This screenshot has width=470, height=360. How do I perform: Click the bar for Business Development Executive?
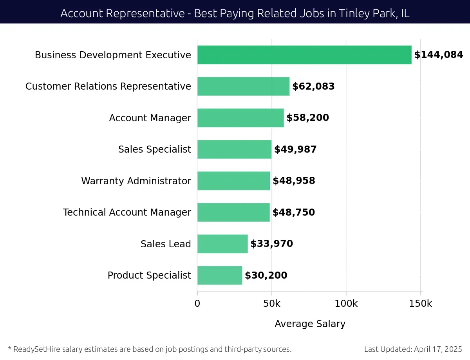tap(304, 55)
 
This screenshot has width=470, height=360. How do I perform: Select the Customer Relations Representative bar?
tap(243, 86)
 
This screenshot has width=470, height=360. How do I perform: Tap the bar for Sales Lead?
tap(222, 244)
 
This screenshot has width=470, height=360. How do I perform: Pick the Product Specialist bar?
tap(220, 275)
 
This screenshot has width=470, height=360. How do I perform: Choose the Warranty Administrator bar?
tap(233, 181)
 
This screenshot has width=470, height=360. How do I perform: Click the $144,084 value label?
tap(439, 55)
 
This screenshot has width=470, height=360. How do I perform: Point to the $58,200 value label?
tap(307, 118)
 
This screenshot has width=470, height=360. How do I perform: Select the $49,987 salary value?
tap(295, 149)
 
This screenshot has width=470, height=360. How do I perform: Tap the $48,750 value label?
tap(294, 212)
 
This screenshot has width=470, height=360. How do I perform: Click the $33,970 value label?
tap(271, 244)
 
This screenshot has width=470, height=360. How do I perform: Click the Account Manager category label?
tap(150, 118)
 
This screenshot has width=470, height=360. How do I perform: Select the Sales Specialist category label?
tap(155, 149)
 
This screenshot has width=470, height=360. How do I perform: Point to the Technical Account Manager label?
tap(127, 212)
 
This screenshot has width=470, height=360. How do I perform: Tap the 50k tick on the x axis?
tap(272, 304)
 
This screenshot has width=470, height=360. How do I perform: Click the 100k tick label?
tap(346, 304)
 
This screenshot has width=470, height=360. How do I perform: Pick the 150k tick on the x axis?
tap(421, 304)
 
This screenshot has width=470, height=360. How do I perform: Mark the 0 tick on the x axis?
tap(197, 304)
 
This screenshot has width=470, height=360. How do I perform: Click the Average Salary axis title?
tap(310, 324)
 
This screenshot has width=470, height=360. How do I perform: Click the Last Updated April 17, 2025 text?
tap(413, 349)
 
